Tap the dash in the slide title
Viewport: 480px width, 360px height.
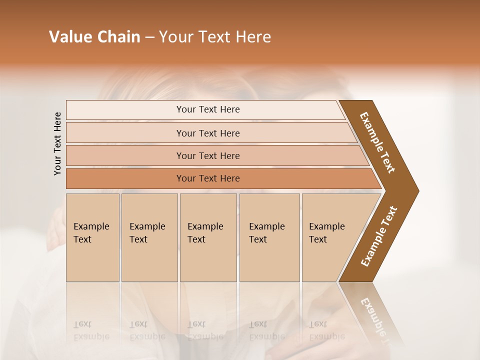point(149,37)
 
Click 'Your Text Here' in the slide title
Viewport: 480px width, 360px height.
point(215,37)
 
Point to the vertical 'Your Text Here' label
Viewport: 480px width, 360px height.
point(57,143)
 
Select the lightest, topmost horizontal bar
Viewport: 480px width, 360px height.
point(207,109)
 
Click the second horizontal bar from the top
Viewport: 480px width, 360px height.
point(207,133)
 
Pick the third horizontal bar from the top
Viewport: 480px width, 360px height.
point(207,155)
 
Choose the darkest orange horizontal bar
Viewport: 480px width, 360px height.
point(207,178)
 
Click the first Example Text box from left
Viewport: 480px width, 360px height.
point(92,237)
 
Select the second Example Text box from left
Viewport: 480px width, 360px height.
point(149,237)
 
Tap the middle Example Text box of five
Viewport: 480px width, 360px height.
point(208,237)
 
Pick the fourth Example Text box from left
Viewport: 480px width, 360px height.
point(269,237)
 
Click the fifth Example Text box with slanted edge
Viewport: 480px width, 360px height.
point(330,237)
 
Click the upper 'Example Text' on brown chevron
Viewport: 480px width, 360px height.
point(377,142)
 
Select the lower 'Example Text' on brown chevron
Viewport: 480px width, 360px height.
point(379,236)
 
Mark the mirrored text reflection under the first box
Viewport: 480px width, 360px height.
point(91,330)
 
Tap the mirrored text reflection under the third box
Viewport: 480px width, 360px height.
point(205,330)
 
